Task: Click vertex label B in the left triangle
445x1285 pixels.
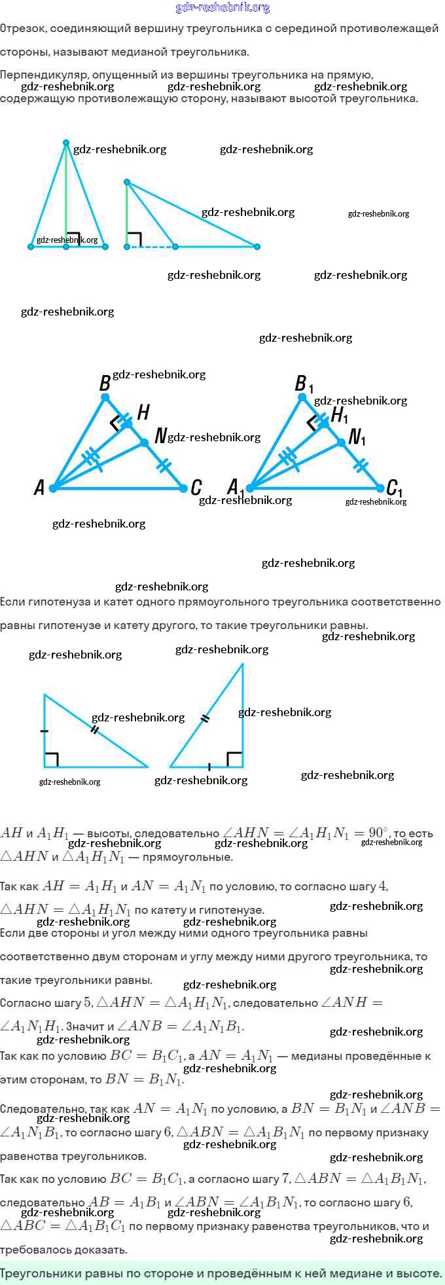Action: pyautogui.click(x=105, y=384)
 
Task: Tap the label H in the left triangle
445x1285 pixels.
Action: pyautogui.click(x=143, y=412)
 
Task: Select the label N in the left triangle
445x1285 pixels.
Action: pyautogui.click(x=160, y=436)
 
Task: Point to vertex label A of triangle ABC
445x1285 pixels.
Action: pyautogui.click(x=39, y=488)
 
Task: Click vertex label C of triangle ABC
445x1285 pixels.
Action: pyautogui.click(x=196, y=488)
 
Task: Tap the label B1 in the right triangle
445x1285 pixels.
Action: pyautogui.click(x=304, y=384)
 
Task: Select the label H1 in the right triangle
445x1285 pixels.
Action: pyautogui.click(x=340, y=415)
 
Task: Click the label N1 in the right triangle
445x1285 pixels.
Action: pyautogui.click(x=357, y=437)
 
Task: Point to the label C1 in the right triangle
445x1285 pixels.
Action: pyautogui.click(x=395, y=488)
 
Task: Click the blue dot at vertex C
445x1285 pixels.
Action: pyautogui.click(x=183, y=488)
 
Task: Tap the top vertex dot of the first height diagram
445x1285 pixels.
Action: pyautogui.click(x=65, y=143)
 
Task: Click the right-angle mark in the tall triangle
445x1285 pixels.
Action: pyautogui.click(x=73, y=239)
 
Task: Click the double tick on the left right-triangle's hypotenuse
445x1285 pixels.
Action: pyautogui.click(x=95, y=729)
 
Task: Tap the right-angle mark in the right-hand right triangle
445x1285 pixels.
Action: pyautogui.click(x=234, y=759)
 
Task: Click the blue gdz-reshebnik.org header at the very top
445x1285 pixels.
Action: pyautogui.click(x=222, y=8)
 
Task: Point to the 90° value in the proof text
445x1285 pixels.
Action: pyautogui.click(x=378, y=833)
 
